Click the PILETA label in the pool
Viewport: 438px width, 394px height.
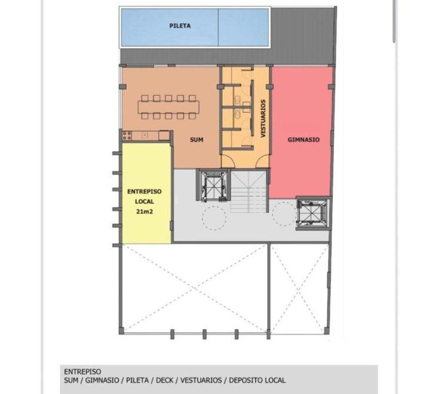click(x=180, y=26)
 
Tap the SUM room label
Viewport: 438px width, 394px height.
click(x=197, y=139)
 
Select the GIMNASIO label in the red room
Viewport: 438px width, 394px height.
click(x=303, y=139)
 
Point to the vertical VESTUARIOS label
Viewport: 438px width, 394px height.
click(x=263, y=119)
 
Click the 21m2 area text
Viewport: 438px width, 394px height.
click(x=144, y=212)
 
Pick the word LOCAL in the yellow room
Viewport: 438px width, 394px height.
click(x=144, y=202)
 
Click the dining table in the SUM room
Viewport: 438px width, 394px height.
click(x=168, y=107)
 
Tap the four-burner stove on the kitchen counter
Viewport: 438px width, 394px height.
click(x=127, y=136)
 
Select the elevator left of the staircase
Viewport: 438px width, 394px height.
click(x=214, y=185)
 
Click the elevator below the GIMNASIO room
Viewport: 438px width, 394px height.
click(x=313, y=213)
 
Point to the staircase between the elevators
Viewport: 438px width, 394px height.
click(x=248, y=192)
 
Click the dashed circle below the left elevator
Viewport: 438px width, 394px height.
click(x=214, y=218)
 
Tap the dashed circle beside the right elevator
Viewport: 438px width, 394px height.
click(x=284, y=213)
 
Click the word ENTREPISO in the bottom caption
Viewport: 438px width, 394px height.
click(x=82, y=372)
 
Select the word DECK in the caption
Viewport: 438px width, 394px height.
click(x=164, y=380)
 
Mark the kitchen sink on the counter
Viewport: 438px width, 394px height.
click(x=144, y=135)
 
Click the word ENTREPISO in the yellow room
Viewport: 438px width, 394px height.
click(x=144, y=192)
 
